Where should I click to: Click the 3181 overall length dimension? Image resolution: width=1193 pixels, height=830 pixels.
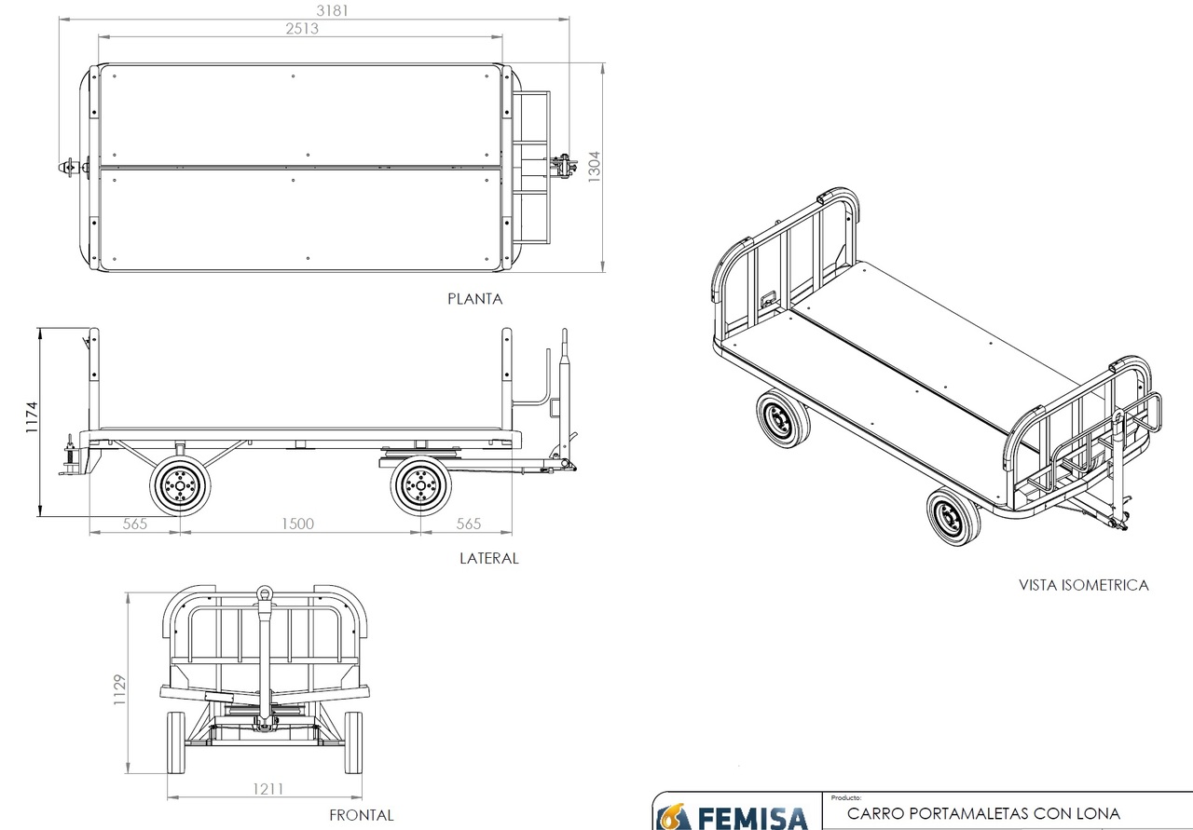coord(316,10)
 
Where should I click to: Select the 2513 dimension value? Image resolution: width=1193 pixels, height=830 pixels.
coord(302,29)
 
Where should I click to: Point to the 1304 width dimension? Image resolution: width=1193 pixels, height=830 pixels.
coord(595,169)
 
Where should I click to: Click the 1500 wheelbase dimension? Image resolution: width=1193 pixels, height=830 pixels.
coord(298,524)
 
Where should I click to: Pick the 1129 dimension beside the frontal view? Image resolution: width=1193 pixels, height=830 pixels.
coord(119,691)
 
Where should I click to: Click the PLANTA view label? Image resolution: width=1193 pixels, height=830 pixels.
coord(474,299)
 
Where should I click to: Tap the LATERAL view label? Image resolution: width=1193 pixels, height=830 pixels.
coord(488,558)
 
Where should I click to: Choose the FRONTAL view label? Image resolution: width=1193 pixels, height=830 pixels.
coord(361,815)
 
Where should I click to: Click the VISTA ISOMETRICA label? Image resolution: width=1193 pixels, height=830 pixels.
coord(1083,585)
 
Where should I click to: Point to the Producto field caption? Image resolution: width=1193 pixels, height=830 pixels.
coord(846,798)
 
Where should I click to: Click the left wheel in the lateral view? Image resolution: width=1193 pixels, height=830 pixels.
coord(180,484)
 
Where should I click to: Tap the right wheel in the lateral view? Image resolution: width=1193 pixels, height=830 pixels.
coord(420,484)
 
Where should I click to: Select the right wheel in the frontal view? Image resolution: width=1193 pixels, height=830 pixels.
coord(353,742)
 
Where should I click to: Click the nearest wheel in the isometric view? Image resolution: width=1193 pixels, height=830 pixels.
coord(953,517)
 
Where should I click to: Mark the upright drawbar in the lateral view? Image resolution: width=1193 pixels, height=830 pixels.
coord(564,391)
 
